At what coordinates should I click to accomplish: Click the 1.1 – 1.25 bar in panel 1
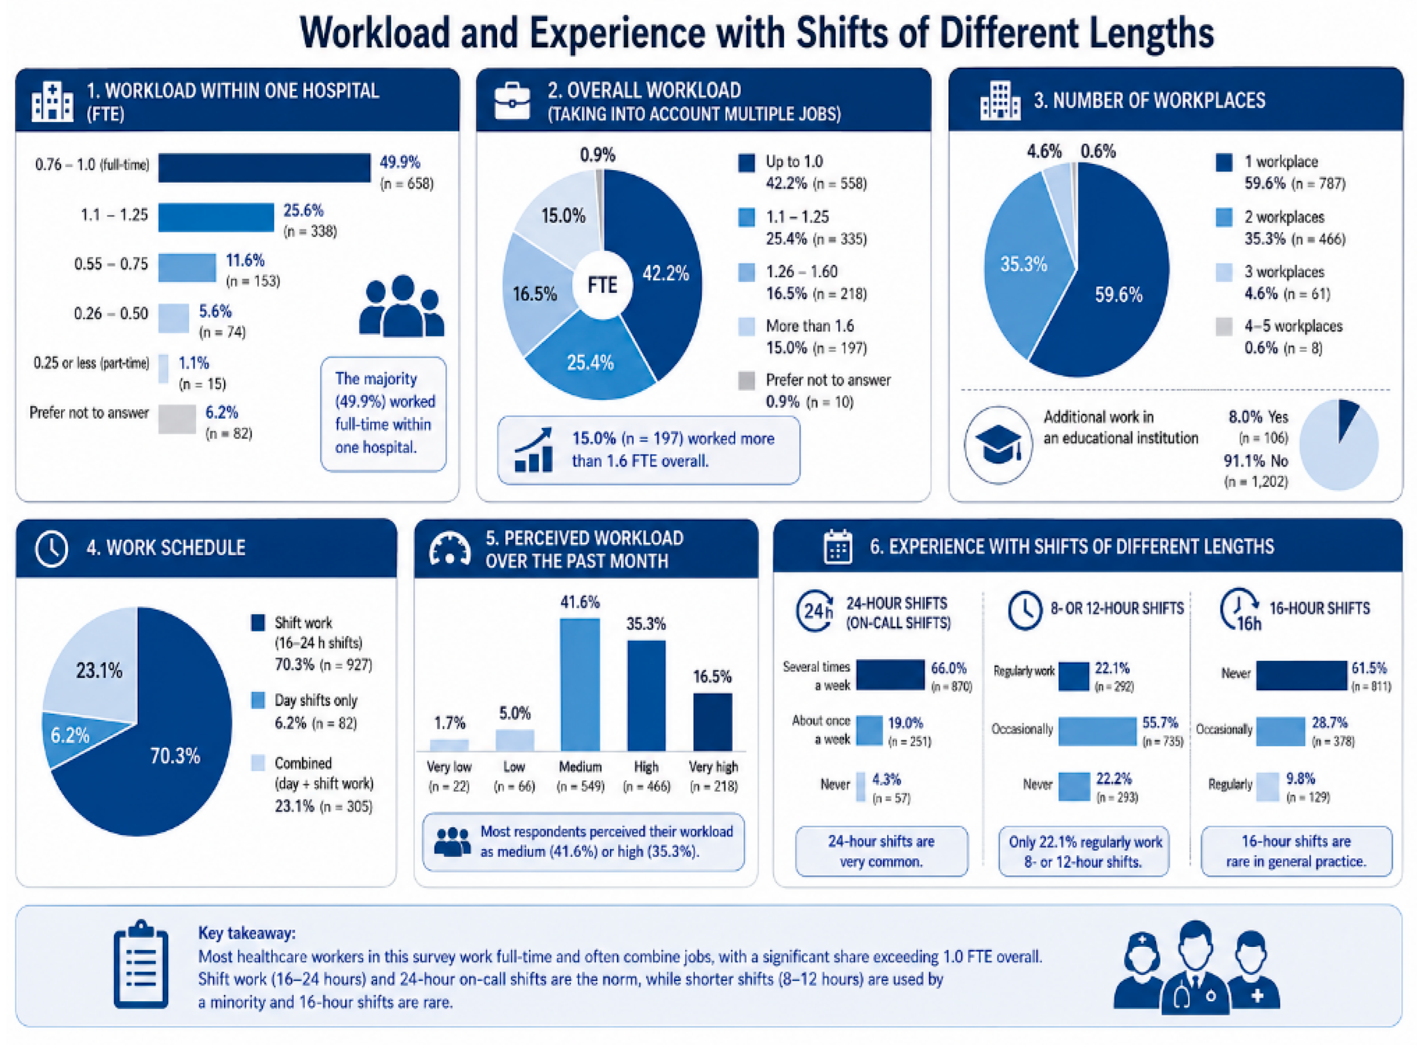click(x=216, y=217)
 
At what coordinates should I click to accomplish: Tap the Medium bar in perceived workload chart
click(x=580, y=684)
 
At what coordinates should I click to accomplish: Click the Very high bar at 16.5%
click(x=713, y=722)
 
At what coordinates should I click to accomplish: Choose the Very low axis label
click(x=449, y=767)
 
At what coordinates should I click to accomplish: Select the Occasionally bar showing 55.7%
click(x=1097, y=730)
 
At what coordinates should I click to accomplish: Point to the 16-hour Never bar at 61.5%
click(x=1301, y=675)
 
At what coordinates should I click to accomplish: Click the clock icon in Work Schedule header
click(x=51, y=548)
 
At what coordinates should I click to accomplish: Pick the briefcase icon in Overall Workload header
click(x=512, y=101)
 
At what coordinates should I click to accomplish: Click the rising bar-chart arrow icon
click(x=533, y=450)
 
